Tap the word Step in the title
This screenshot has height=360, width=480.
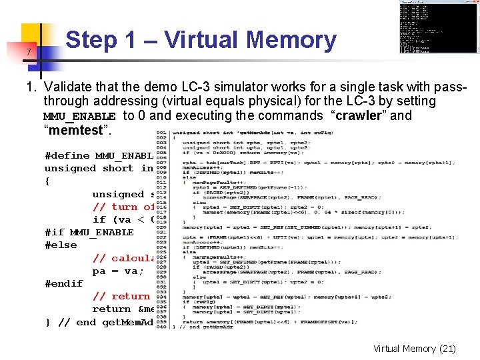[x=91, y=41]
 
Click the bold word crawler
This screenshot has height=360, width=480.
[x=375, y=115]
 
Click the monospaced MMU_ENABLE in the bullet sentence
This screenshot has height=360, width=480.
[x=79, y=116]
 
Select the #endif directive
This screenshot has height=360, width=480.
[x=63, y=283]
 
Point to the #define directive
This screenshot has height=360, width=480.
[x=67, y=155]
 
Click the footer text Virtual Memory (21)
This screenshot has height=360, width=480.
[x=414, y=349]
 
